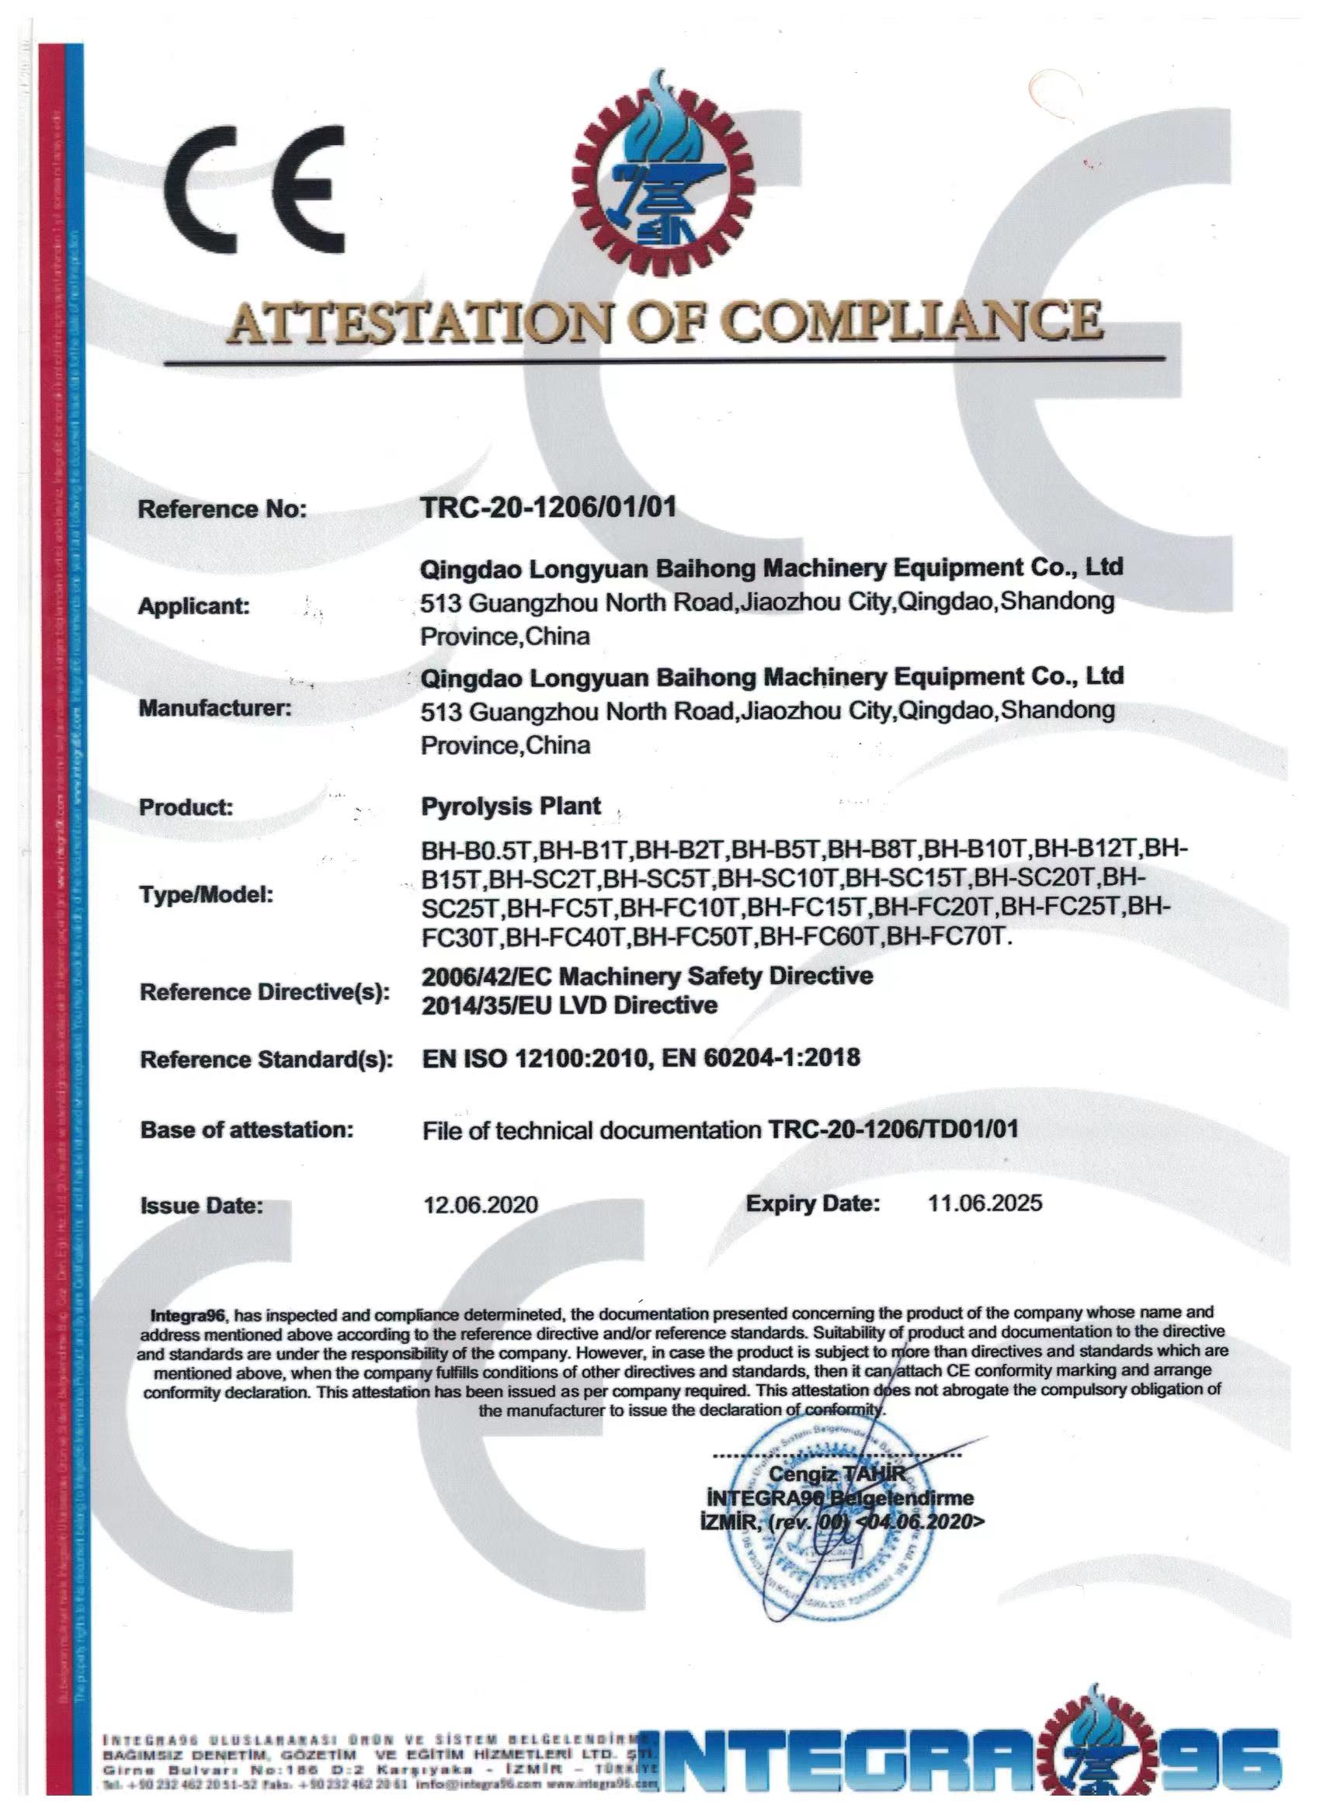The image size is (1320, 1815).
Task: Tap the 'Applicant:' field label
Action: coord(195,606)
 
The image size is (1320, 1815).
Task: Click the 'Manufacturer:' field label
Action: coord(215,708)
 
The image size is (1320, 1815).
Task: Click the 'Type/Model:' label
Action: coord(207,895)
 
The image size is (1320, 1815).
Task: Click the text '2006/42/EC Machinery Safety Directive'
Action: coord(647,976)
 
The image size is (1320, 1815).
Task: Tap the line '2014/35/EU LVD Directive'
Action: coord(569,1005)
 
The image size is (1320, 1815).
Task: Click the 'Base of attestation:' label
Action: coord(247,1130)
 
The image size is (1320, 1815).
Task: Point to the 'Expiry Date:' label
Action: coord(812,1202)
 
